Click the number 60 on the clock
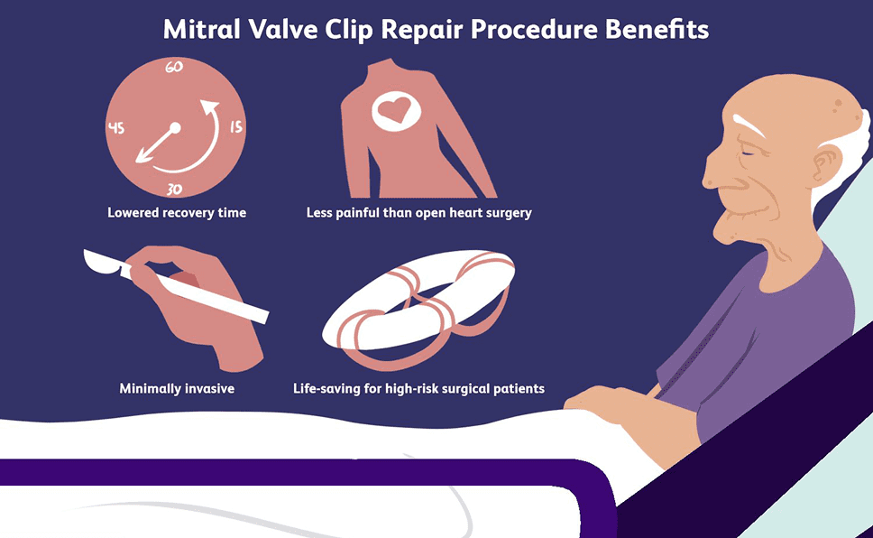pos(174,67)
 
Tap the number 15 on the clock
pos(236,127)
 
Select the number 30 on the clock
pos(174,190)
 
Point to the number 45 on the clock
pos(115,128)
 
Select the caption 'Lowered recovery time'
pos(177,212)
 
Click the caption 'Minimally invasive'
pos(177,388)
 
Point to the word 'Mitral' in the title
pos(201,30)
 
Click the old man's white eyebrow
pos(748,125)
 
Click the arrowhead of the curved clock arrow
pos(209,108)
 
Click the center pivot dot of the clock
pos(175,127)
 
